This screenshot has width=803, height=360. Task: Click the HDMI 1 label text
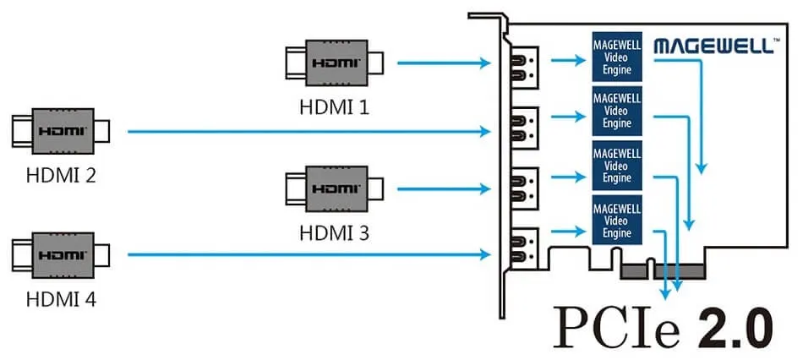tap(334, 107)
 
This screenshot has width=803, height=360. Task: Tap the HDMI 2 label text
tap(60, 176)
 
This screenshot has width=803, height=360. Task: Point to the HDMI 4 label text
tap(60, 297)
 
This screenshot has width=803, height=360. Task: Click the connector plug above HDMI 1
tap(335, 63)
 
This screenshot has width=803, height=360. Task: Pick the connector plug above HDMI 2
tap(60, 131)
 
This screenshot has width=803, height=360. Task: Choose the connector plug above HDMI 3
tap(335, 186)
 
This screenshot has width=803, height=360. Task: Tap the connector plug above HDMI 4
tap(60, 254)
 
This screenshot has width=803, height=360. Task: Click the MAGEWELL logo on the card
tap(713, 46)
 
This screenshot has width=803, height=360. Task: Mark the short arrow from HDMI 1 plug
tap(445, 63)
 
